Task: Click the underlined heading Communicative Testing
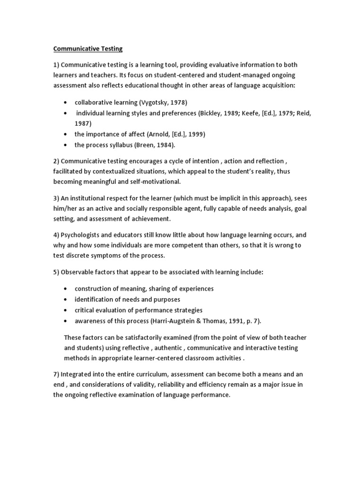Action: [87, 48]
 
